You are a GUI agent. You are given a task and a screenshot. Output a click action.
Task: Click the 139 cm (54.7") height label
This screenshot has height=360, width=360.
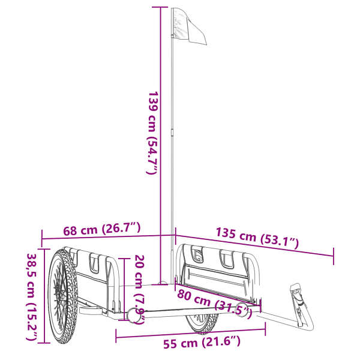coord(152,133)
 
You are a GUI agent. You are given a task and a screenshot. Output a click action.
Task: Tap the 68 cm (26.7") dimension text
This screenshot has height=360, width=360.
coord(102,229)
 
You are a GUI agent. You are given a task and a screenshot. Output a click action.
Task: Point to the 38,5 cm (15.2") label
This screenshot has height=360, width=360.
coord(32,297)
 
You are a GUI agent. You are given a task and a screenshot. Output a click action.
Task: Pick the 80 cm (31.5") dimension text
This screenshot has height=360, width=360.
coord(214,303)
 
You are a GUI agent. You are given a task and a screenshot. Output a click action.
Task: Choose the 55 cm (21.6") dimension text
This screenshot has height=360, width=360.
coord(202,343)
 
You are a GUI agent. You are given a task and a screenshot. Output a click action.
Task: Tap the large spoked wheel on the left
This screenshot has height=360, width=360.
coord(62,296)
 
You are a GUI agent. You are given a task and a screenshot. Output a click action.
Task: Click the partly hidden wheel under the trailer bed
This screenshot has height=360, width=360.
coord(202,323)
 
